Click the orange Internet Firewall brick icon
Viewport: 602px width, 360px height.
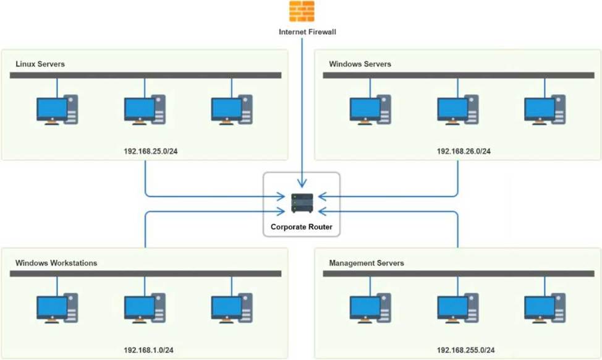(302, 11)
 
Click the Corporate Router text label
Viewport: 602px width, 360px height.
(302, 227)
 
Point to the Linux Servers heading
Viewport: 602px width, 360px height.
(40, 64)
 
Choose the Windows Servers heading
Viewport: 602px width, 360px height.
(360, 64)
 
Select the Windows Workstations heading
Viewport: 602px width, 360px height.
(56, 263)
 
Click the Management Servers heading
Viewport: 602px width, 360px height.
(367, 263)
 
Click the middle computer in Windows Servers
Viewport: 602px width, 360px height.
(458, 109)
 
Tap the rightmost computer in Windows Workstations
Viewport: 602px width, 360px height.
(232, 309)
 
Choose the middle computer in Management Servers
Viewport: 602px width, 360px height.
(458, 309)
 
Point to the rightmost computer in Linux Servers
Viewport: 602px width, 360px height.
(232, 109)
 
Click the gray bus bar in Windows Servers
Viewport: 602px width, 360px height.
(458, 75)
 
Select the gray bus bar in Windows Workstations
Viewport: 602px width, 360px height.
(145, 273)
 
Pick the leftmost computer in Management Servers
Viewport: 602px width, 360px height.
(370, 309)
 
